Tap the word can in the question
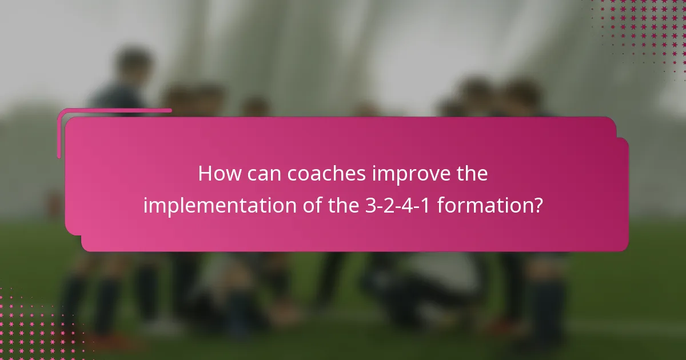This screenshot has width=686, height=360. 265,174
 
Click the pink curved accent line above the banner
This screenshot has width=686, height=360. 114,110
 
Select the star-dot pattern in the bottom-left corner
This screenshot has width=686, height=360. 34,326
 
